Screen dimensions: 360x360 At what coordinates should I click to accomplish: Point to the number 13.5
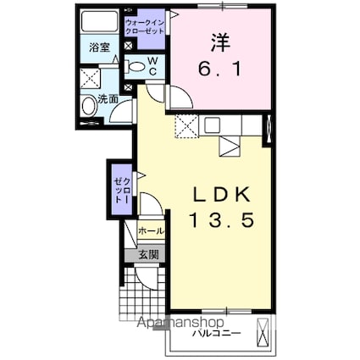click(222, 223)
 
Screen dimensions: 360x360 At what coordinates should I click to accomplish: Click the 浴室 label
click(100, 48)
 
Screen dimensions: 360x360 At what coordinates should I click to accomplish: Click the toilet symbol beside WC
click(136, 64)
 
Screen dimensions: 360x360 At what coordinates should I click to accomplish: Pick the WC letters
click(152, 65)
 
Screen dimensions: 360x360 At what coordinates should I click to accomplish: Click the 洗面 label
click(108, 98)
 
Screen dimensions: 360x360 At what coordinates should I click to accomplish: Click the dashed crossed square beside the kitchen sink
click(186, 126)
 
